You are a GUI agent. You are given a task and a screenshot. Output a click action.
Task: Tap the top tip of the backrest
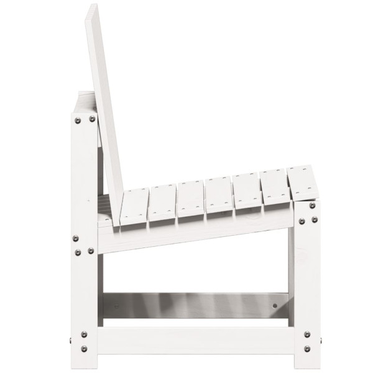click(91, 7)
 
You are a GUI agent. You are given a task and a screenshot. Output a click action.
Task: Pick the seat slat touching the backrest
click(134, 208)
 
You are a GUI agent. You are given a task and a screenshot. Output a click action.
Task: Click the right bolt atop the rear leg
click(92, 119)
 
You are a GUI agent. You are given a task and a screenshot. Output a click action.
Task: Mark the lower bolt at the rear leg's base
click(84, 350)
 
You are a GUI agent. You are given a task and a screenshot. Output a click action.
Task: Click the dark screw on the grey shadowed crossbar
click(276, 305)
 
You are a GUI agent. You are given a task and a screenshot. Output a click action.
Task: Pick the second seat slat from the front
click(274, 186)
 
